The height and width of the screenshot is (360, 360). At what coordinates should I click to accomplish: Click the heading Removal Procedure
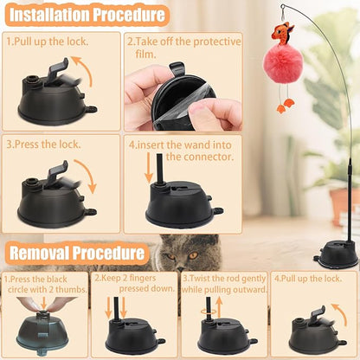click(75, 254)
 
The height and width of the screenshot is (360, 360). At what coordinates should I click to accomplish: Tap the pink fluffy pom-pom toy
click(283, 78)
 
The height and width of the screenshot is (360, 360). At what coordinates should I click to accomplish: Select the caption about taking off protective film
click(182, 47)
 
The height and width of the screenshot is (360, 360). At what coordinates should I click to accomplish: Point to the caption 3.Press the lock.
click(45, 144)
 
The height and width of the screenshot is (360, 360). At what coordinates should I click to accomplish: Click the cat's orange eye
click(192, 254)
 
